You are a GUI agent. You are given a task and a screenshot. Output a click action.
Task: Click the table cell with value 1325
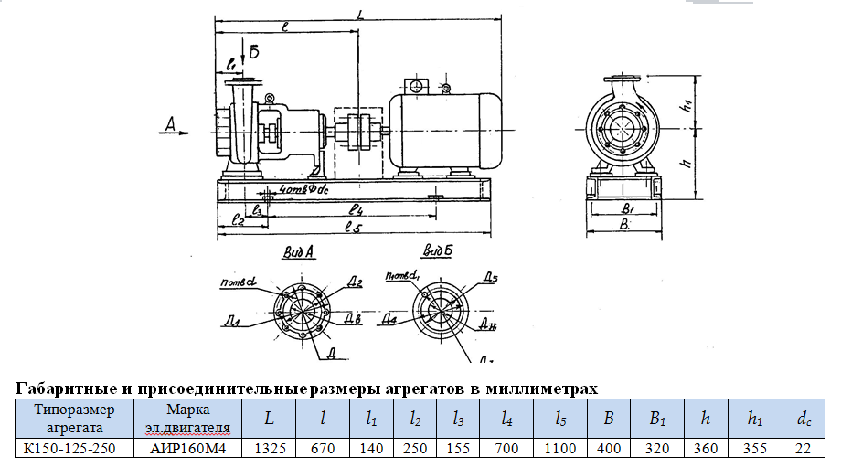[x=269, y=448]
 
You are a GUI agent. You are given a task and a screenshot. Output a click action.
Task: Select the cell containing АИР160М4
[x=187, y=448]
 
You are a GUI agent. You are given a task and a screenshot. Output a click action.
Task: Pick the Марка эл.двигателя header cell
[x=187, y=418]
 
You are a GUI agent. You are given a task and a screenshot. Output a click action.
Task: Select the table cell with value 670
[x=325, y=448]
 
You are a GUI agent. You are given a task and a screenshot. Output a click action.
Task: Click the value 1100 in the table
[x=560, y=448]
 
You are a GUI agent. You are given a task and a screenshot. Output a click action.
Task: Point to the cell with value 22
[x=803, y=448]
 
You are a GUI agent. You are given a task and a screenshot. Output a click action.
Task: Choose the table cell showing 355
[x=754, y=448]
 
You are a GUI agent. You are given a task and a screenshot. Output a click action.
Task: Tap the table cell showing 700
[x=506, y=448]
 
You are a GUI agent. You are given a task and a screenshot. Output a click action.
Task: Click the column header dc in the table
[x=803, y=419]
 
